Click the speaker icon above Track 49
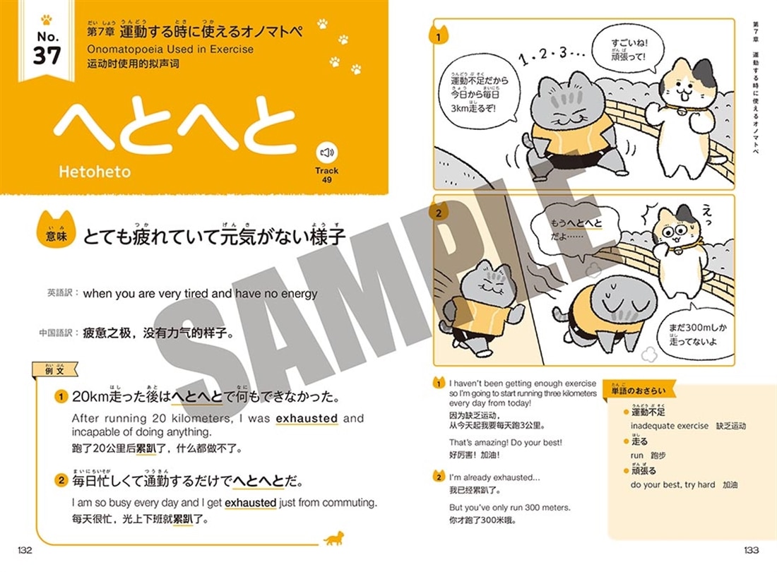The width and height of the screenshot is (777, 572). [326, 153]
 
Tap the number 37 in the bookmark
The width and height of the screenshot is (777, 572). [47, 55]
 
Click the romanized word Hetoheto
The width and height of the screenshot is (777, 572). [95, 171]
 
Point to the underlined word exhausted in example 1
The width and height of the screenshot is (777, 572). [307, 419]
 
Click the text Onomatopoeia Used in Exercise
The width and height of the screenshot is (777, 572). [170, 49]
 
